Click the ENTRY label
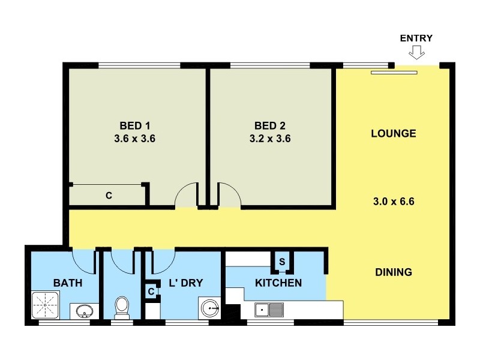tap(416, 38)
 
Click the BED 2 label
tap(269, 125)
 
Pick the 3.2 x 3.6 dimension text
tap(269, 139)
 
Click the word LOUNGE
tap(393, 133)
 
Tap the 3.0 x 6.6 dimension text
tap(393, 201)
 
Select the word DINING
tap(393, 272)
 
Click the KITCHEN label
tap(278, 283)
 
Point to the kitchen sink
tap(269, 310)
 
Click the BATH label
tap(68, 283)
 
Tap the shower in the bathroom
tap(46, 305)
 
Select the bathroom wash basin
tap(83, 311)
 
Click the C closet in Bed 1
tap(109, 195)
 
